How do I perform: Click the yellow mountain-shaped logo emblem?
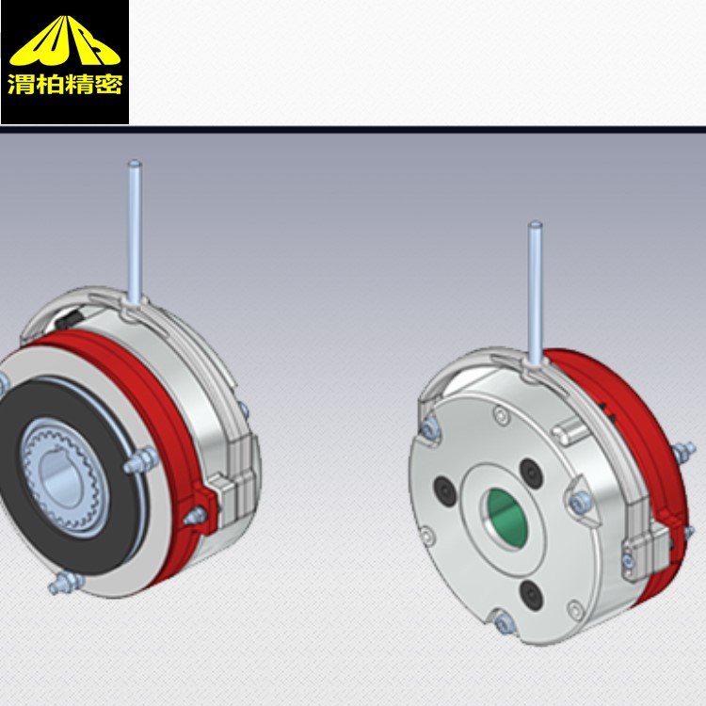click(x=65, y=41)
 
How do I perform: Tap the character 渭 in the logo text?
click(x=22, y=84)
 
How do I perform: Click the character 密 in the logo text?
click(x=108, y=84)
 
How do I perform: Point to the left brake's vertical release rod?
click(x=135, y=233)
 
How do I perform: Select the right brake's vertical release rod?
click(x=535, y=293)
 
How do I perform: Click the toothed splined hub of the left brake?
click(x=63, y=477)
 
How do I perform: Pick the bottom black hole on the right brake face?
click(x=531, y=595)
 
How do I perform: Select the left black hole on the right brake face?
click(x=445, y=491)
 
